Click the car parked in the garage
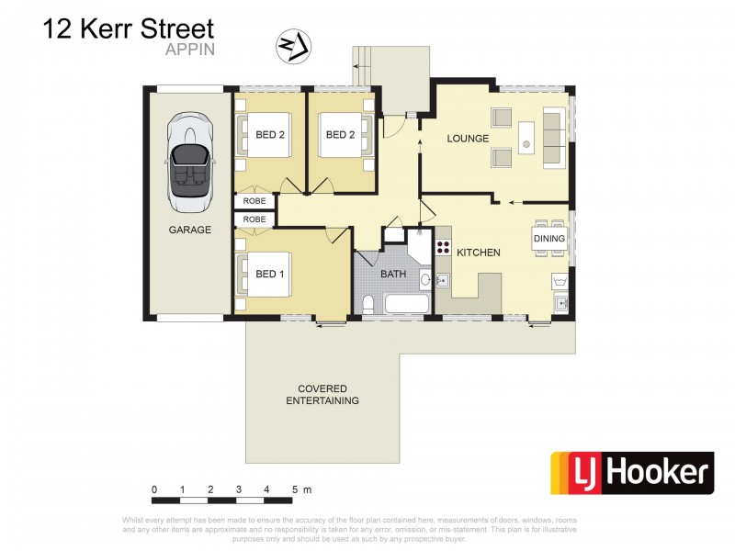(x=189, y=165)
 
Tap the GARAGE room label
(x=189, y=230)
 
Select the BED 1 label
(x=270, y=274)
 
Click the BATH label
(x=394, y=274)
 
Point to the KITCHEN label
(x=479, y=252)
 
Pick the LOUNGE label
(x=468, y=139)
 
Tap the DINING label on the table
(x=549, y=239)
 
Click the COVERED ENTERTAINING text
(x=322, y=395)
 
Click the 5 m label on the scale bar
(x=302, y=489)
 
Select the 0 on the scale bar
(x=155, y=489)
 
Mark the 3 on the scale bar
(x=238, y=489)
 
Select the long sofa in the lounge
(x=554, y=138)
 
